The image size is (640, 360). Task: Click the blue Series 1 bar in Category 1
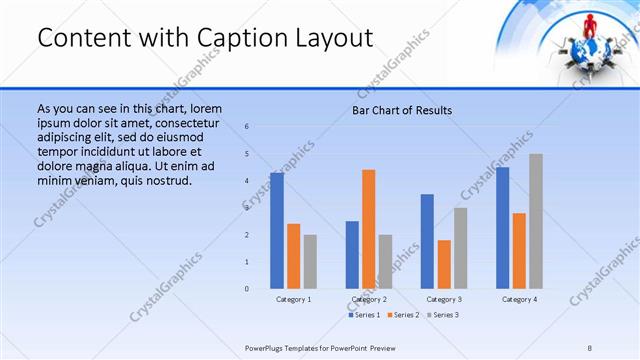click(277, 231)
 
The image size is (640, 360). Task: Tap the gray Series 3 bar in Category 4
click(536, 221)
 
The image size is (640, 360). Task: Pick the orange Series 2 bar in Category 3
click(444, 264)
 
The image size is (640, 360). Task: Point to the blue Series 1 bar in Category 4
click(503, 228)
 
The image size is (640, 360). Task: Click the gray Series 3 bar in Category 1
click(310, 262)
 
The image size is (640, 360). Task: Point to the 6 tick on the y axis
click(247, 127)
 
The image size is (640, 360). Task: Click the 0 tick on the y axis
click(247, 289)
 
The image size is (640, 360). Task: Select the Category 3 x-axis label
click(444, 299)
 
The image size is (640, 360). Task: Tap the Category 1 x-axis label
click(293, 299)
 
